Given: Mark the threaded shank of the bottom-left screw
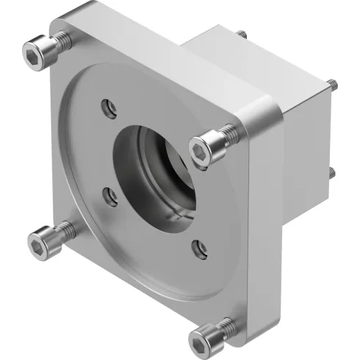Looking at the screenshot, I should coord(62,228).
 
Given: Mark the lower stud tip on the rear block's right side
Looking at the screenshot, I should coord(333,173).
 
